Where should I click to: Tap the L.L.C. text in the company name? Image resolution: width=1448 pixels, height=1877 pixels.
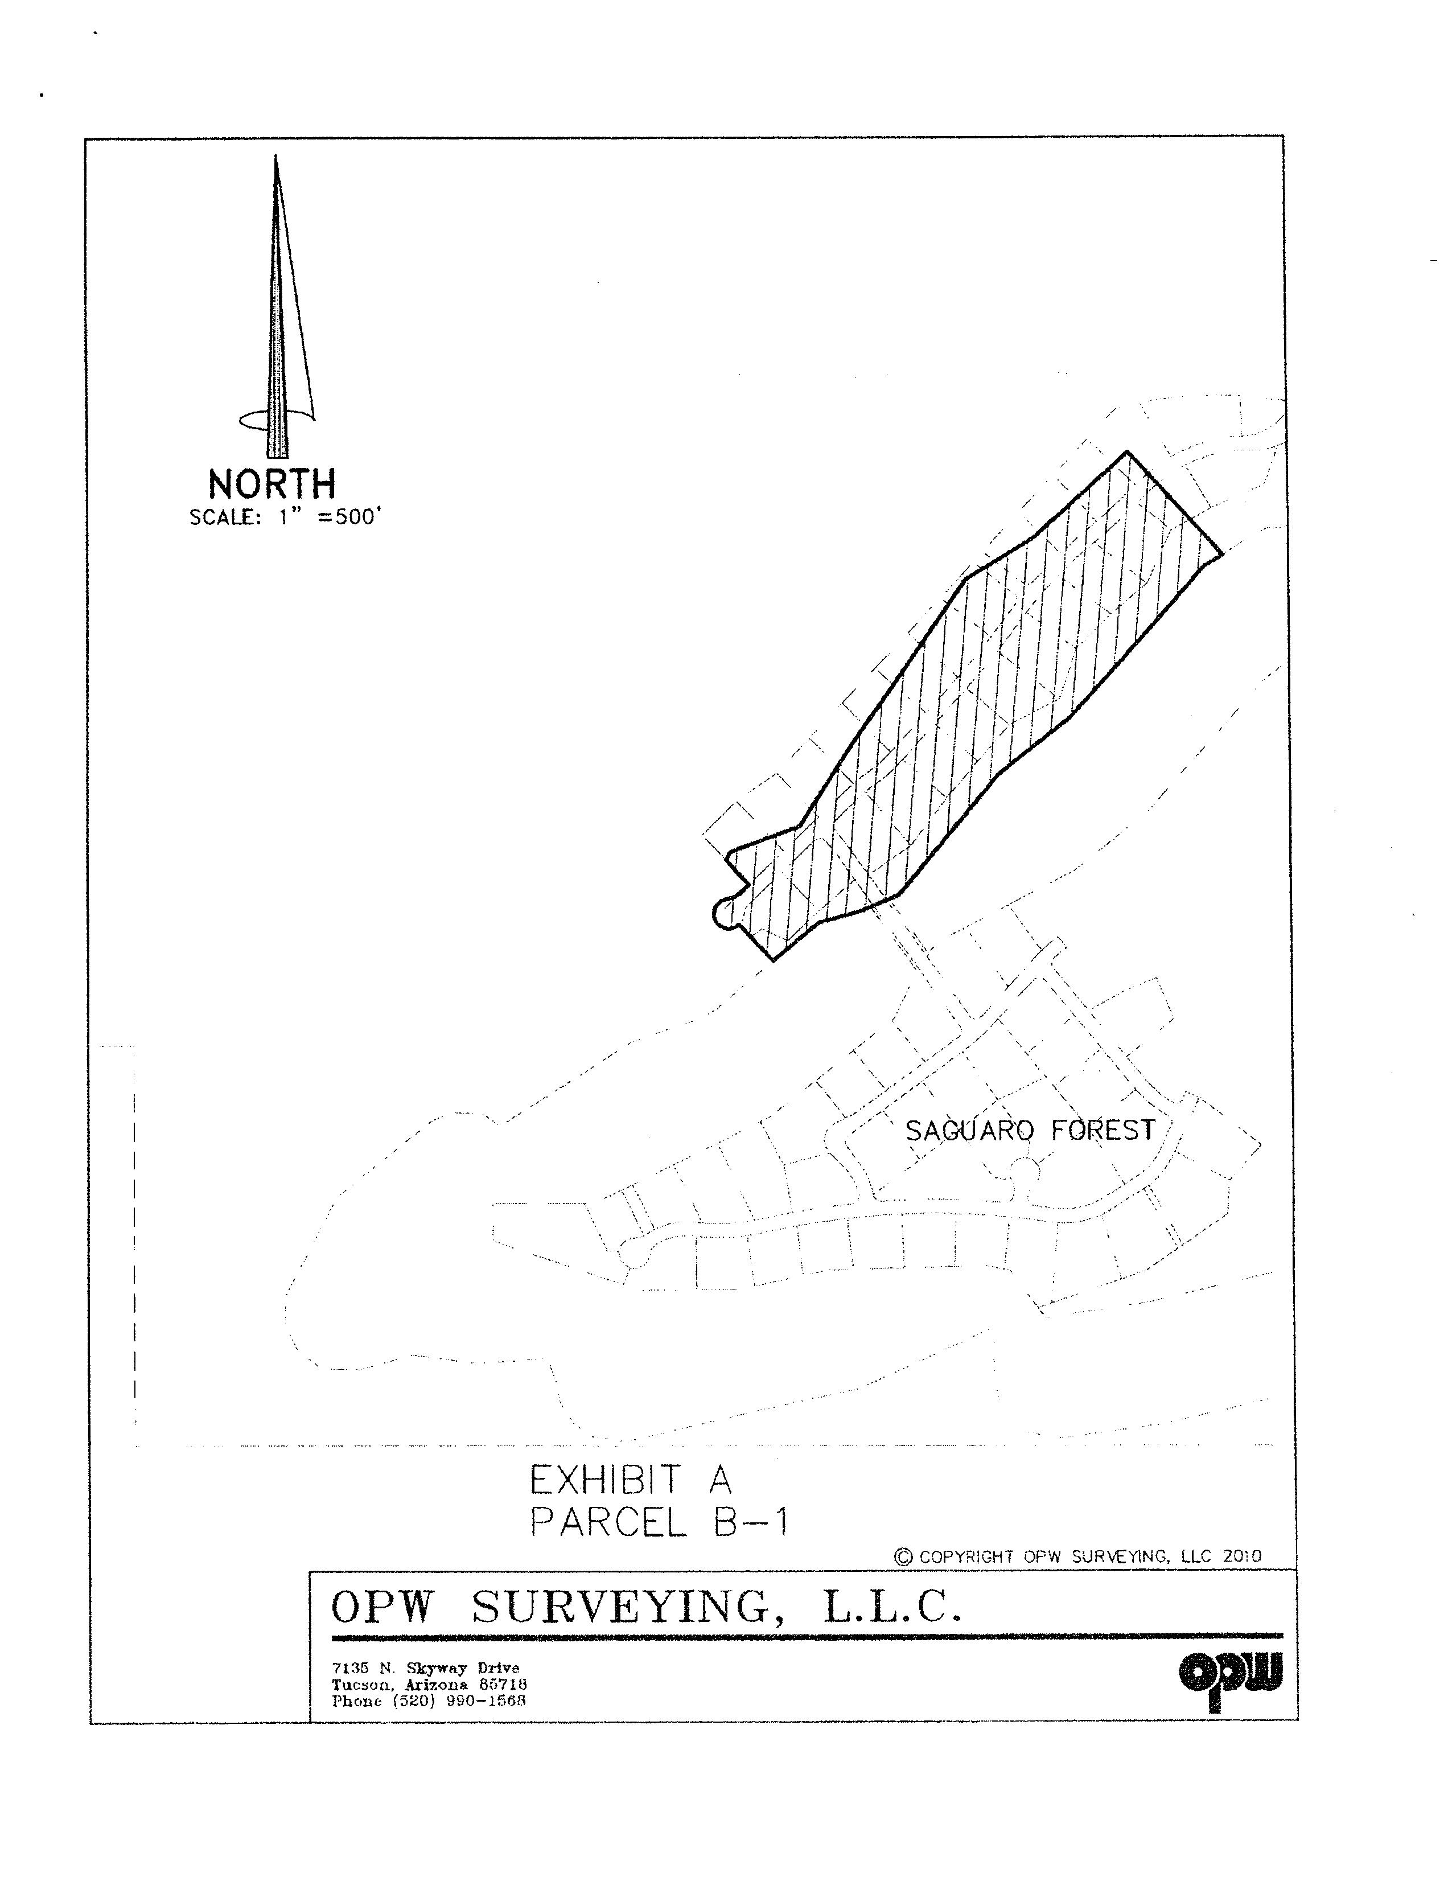891,1607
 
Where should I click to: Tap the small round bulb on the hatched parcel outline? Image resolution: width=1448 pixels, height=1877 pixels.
725,914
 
